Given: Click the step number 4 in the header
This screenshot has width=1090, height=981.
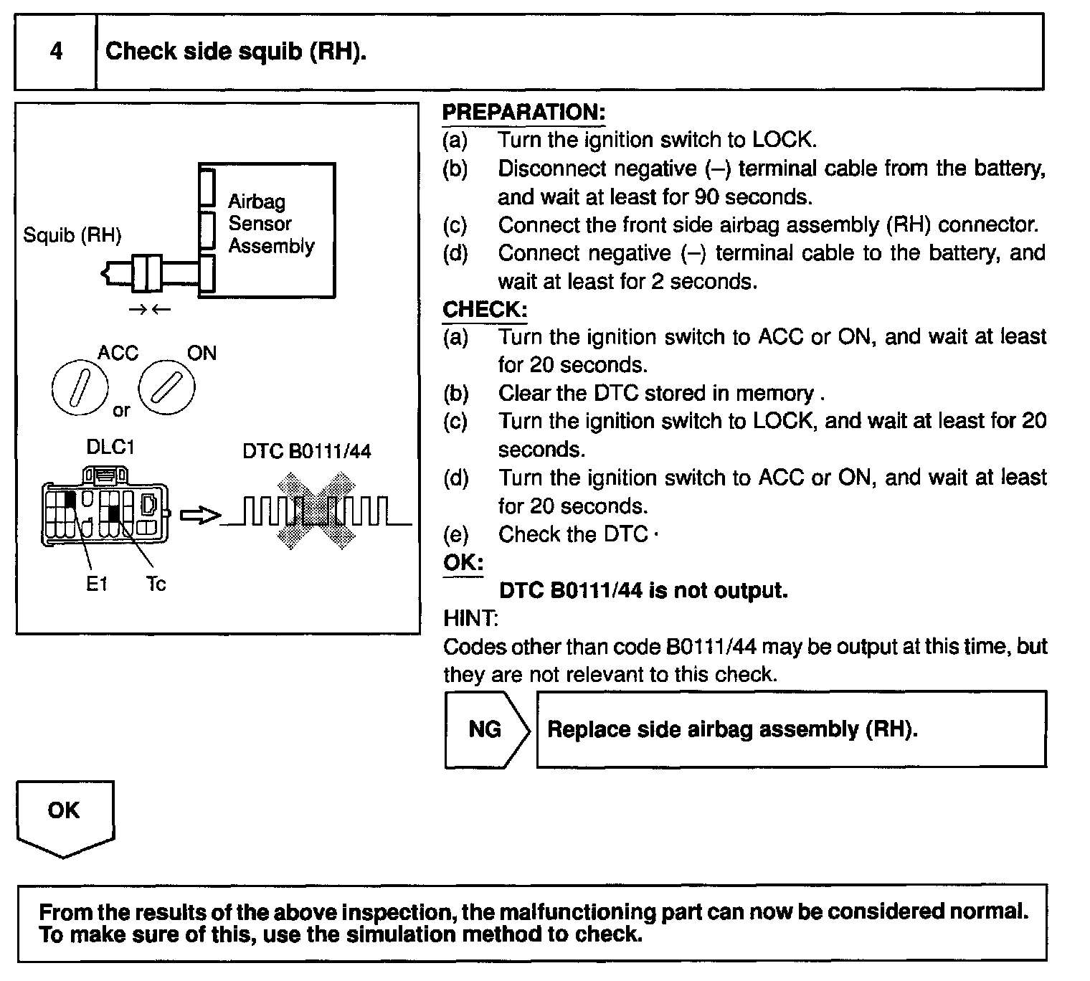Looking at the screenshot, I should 56,52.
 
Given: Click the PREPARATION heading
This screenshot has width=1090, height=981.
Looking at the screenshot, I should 523,113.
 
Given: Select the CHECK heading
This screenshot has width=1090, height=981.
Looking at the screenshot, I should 485,310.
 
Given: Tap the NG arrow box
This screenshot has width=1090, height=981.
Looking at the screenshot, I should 486,729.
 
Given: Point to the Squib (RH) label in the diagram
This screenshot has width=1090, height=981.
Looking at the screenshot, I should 72,235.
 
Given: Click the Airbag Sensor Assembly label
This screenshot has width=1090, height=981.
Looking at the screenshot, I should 270,224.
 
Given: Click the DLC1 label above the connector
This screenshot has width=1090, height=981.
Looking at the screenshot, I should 110,447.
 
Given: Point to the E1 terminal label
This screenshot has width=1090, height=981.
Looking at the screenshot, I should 96,584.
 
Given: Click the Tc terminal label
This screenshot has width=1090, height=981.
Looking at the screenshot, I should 156,584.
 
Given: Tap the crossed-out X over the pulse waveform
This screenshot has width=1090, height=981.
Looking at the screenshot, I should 316,510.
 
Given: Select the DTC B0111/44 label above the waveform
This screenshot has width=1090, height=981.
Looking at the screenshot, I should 307,452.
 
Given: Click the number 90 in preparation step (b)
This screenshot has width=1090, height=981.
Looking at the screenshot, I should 707,197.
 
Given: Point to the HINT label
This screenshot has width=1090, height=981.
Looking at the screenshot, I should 470,618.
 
